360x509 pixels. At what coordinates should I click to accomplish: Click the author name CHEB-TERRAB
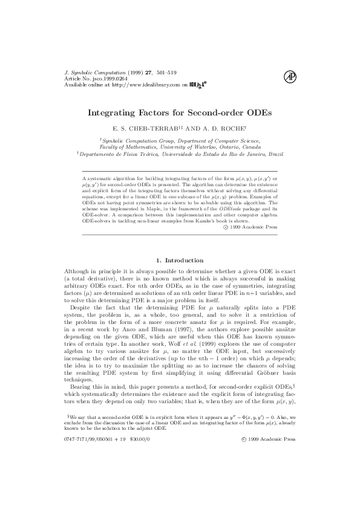[x=149, y=129]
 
